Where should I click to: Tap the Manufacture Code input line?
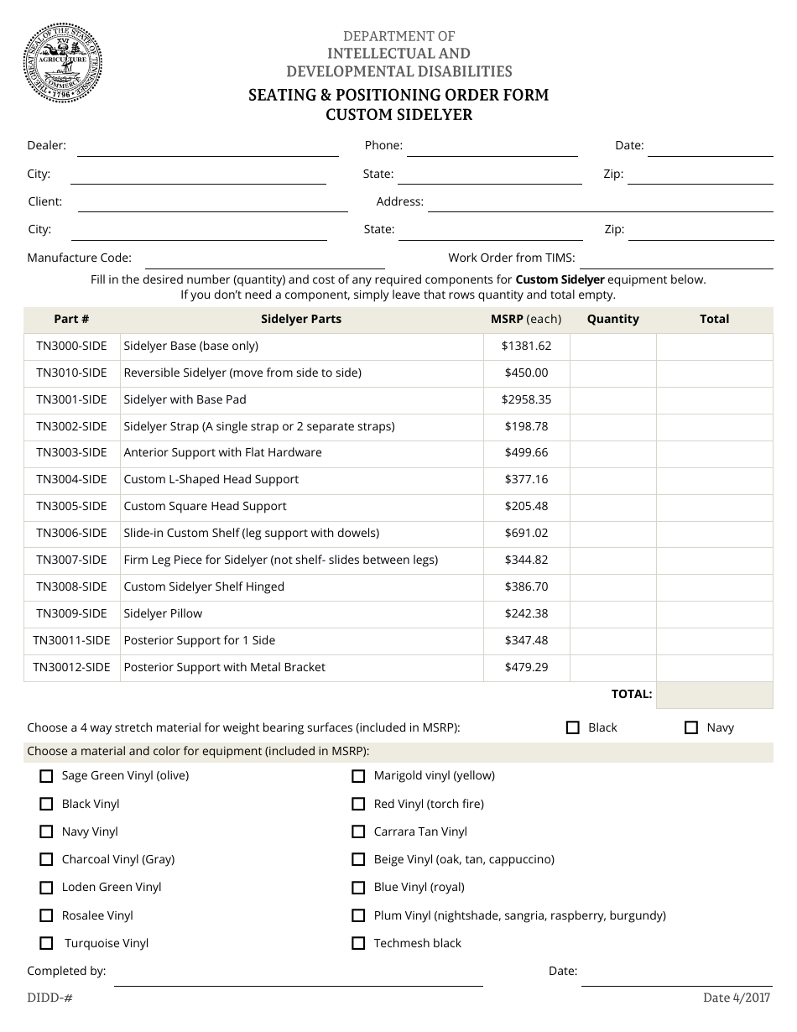point(264,259)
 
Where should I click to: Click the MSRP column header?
point(526,319)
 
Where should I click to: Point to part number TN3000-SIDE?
point(71,346)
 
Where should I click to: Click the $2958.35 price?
point(526,399)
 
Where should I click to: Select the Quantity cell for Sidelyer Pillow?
point(612,613)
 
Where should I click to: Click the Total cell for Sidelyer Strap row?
point(714,426)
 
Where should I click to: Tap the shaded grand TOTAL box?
point(714,695)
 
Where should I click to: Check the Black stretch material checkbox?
point(573,727)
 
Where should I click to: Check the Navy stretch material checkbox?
point(691,727)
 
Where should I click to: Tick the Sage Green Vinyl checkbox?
point(46,776)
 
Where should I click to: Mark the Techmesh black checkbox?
point(358,943)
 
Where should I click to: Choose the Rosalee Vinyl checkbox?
point(46,915)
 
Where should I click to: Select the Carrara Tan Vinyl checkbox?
point(358,831)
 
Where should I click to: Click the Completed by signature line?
point(298,977)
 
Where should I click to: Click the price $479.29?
point(526,667)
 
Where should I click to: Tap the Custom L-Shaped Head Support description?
point(211,479)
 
